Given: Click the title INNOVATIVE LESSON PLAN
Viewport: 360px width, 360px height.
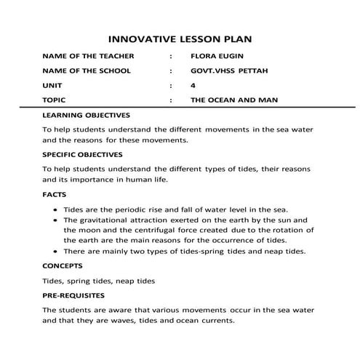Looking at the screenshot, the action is click(x=180, y=37).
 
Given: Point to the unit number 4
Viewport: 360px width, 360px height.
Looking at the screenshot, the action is click(x=192, y=85).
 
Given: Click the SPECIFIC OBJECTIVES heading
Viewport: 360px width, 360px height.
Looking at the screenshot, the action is click(x=82, y=154).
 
